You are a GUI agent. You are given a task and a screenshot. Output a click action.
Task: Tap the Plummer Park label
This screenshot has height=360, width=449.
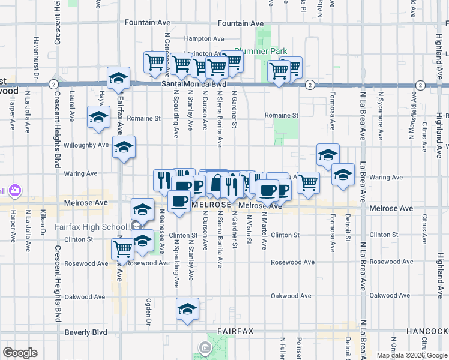click(261, 52)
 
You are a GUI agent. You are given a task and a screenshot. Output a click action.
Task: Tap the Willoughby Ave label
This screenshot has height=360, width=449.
click(86, 145)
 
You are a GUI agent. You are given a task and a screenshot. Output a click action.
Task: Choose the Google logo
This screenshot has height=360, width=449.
click(20, 353)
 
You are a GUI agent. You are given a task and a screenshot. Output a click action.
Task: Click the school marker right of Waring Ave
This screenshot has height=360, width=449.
click(343, 175)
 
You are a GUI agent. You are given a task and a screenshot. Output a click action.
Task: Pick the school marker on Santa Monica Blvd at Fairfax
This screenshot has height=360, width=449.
click(119, 78)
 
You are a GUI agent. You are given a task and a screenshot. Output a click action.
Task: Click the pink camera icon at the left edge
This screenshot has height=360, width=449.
click(13, 191)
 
